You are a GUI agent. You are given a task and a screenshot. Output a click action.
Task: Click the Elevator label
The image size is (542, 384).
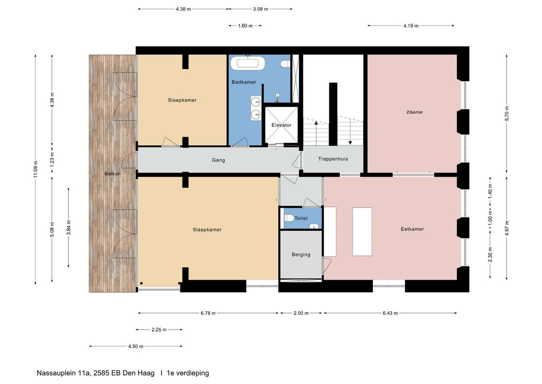(x=281, y=125)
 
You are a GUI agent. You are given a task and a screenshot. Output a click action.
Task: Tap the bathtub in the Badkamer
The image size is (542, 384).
(x=248, y=63)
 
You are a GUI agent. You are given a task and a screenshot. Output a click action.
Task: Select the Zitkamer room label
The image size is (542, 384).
(x=415, y=112)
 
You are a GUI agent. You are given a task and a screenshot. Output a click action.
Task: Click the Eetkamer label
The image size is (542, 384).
(x=412, y=229)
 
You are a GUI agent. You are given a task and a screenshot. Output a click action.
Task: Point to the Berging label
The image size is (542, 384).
(x=301, y=254)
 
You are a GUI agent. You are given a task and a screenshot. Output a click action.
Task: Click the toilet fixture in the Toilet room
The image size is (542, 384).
(x=288, y=218)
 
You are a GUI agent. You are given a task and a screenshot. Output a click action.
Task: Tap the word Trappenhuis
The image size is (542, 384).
(x=333, y=159)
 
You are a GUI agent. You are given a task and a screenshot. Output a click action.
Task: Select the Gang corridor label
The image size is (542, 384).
(x=218, y=160)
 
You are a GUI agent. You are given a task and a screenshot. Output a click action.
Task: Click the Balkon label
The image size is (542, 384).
(x=112, y=173)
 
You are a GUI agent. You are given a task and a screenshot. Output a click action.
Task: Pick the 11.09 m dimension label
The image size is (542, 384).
(x=35, y=169)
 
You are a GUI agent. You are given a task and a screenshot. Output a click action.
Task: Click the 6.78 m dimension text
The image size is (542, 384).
(x=208, y=313)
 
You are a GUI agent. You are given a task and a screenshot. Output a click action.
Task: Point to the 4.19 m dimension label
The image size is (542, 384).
(x=411, y=25)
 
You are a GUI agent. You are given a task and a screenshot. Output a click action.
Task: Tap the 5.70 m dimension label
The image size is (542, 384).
(x=507, y=113)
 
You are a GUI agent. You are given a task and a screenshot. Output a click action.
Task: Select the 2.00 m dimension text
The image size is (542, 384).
(x=301, y=313)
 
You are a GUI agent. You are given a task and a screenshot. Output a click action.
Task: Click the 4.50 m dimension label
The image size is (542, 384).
(x=136, y=346)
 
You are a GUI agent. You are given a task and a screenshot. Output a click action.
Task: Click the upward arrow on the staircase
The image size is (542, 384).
(x=316, y=133)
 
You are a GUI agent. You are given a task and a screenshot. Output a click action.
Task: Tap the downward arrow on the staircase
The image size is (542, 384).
(x=350, y=132)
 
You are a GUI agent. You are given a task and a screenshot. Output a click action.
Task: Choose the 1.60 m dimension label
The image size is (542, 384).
(x=245, y=25)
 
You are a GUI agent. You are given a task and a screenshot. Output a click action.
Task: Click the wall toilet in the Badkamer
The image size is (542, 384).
(x=285, y=64)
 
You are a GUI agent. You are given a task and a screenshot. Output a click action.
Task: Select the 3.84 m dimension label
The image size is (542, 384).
(x=69, y=228)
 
